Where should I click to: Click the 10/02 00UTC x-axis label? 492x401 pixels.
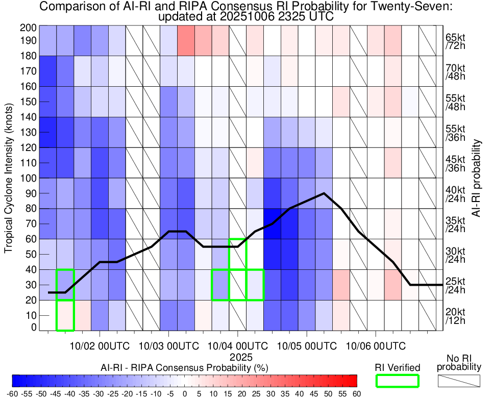100,346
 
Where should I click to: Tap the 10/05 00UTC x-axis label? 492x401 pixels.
307,346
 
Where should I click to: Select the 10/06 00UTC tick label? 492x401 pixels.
376,346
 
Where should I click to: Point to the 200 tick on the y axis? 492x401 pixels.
27,28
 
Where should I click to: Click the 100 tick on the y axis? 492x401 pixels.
27,178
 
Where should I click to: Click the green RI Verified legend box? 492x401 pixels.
397,381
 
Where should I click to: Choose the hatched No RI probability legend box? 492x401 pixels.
459,381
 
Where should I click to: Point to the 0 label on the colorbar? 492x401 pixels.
185,394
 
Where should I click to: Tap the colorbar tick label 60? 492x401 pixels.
357,394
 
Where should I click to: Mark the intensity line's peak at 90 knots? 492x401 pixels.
324,193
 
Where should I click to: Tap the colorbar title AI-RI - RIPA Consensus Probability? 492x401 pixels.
185,367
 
